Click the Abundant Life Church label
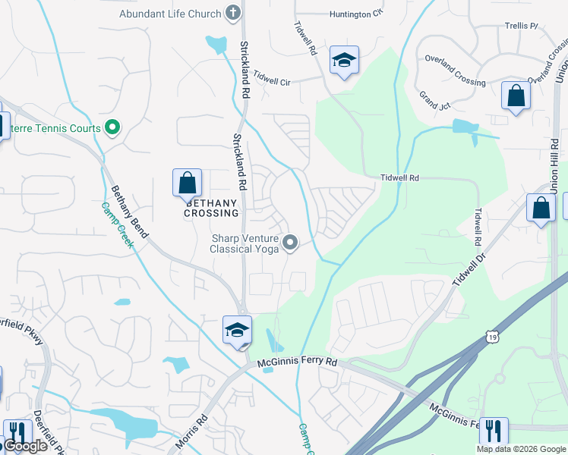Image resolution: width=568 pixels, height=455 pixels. coord(170,14)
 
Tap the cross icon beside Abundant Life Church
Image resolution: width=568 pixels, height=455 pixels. coord(233,14)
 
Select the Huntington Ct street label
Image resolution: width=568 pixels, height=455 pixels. coord(355,14)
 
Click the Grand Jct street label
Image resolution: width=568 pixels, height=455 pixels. coord(434,101)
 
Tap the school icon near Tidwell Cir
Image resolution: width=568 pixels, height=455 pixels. coord(344,61)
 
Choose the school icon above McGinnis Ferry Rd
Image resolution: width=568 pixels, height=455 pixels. coord(237,331)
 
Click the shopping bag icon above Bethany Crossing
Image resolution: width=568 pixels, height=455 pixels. coord(187,184)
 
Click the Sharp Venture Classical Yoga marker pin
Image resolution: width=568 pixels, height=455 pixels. coord(289,243)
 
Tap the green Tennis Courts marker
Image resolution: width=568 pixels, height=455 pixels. coord(112,128)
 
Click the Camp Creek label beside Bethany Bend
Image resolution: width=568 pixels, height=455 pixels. coord(117,225)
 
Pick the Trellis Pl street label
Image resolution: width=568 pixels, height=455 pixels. coord(520,26)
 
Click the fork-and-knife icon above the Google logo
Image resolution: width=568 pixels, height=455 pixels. coord(17,433)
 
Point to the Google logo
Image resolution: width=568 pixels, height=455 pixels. coord(25,447)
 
